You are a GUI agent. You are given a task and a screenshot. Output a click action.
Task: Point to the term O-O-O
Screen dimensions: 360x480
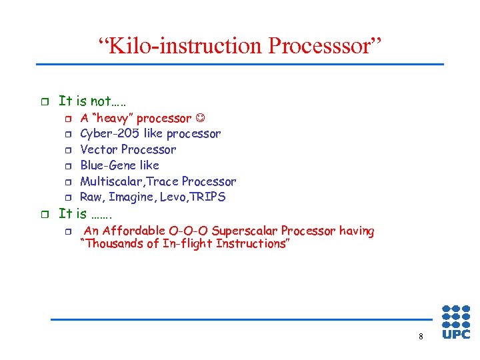tap(188, 231)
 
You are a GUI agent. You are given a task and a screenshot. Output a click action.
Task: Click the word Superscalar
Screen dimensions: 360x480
tap(241, 231)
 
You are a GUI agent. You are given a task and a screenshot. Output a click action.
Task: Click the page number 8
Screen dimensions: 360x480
tap(421, 337)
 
